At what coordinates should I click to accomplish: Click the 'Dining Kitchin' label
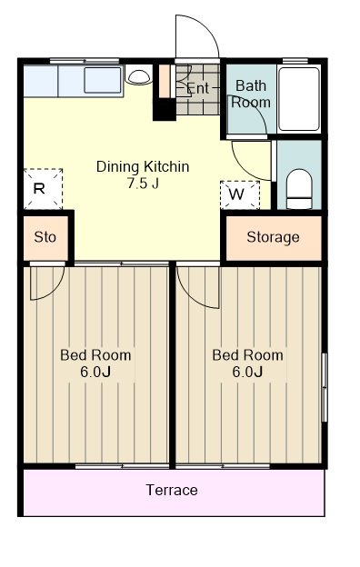(143, 166)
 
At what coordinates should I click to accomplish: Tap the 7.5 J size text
(143, 184)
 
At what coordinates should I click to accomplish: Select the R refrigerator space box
(43, 189)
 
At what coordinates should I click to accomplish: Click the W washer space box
(240, 194)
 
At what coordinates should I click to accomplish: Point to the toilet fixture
(299, 189)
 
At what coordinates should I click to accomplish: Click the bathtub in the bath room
(299, 99)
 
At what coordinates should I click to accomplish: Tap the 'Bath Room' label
(251, 94)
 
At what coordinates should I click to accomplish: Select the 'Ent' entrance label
(198, 88)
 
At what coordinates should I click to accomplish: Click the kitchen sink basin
(103, 80)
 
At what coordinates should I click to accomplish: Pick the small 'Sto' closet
(45, 237)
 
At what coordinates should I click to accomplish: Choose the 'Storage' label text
(273, 237)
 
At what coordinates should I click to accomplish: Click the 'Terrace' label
(172, 490)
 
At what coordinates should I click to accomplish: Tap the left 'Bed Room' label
(95, 355)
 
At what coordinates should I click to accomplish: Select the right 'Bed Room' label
(247, 355)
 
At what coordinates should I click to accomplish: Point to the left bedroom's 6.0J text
(95, 372)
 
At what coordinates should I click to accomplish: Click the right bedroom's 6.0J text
(247, 372)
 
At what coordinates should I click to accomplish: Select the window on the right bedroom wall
(325, 387)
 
